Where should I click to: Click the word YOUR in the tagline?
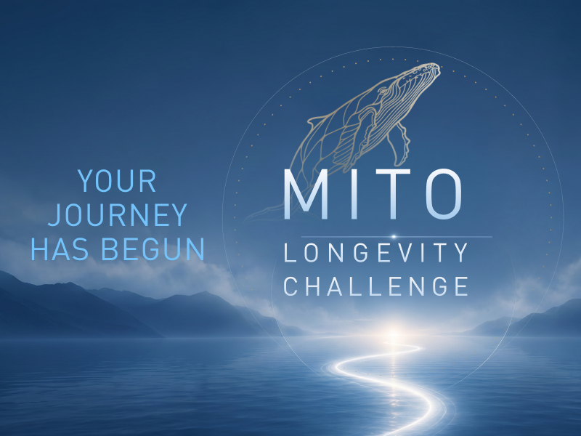(117, 181)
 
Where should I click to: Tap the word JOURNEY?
(118, 214)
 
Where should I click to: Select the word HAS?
(60, 249)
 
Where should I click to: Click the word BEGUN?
(153, 249)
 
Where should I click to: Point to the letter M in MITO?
(306, 194)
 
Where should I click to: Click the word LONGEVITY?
(376, 252)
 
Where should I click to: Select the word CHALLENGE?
(376, 286)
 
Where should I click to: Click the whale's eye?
(382, 90)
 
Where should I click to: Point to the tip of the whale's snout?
(440, 67)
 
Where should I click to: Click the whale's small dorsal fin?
(315, 121)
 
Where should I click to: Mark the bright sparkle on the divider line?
(394, 237)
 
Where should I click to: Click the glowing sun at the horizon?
(394, 331)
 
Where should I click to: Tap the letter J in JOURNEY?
(54, 215)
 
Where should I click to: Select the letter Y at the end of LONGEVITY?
(460, 252)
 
